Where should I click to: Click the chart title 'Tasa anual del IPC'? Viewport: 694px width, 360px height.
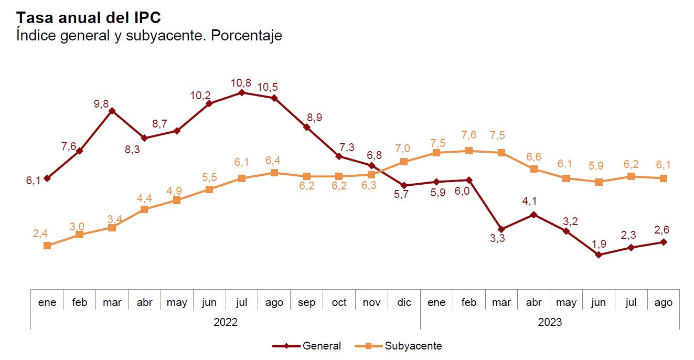tap(88, 17)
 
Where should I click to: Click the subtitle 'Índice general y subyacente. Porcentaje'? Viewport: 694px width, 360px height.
tap(149, 36)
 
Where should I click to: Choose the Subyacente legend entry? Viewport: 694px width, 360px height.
tap(399, 346)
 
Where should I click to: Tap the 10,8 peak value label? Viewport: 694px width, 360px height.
tap(241, 83)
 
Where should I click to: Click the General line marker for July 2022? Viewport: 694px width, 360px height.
tap(241, 92)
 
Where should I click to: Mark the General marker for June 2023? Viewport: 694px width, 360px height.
tap(599, 255)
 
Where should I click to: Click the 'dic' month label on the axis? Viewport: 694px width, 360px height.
tap(404, 302)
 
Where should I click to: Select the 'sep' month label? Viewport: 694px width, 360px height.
tap(307, 302)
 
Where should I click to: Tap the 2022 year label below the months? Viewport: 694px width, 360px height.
tap(226, 322)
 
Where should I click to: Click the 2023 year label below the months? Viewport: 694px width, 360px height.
tap(550, 322)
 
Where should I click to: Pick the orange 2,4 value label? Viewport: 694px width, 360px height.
tap(40, 234)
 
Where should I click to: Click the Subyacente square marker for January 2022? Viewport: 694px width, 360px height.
tap(47, 245)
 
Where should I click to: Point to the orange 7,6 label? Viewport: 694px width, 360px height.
tap(468, 135)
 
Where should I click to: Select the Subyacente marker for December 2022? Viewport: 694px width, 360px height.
tap(404, 162)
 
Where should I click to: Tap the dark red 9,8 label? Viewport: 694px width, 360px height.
tap(101, 104)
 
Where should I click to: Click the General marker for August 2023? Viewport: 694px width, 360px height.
tap(664, 242)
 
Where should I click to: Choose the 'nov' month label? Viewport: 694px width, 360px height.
tap(371, 302)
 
